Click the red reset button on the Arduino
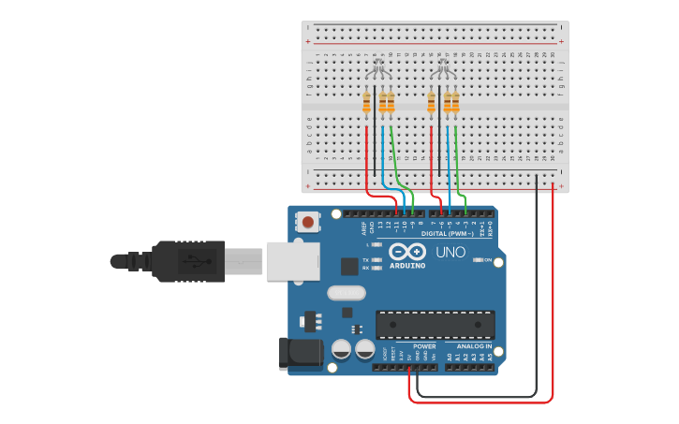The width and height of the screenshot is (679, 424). coord(307,223)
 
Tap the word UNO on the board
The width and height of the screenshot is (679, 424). coord(450,253)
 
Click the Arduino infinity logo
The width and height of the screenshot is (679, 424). coord(407,252)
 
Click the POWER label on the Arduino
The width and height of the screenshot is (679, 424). coord(424,345)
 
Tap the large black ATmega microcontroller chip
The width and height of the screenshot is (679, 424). coord(435,324)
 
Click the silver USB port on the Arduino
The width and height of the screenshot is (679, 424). coord(292,261)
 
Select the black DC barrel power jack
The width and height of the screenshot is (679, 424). coord(298,354)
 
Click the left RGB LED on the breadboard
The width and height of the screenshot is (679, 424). coord(377,69)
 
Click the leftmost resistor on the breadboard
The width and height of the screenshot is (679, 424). coord(366,102)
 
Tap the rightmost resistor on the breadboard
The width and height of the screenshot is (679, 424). coord(455,102)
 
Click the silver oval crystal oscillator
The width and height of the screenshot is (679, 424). coord(346,293)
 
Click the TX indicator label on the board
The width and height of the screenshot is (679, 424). coord(364,259)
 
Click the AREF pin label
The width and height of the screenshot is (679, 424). coord(364,226)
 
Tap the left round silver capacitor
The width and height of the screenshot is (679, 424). coord(342,349)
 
